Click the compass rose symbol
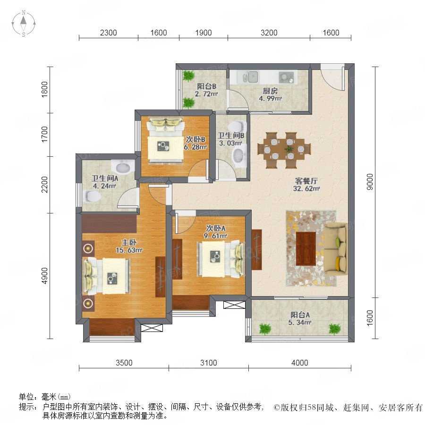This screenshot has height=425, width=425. pos(24,23)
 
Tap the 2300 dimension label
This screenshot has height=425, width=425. pos(109,33)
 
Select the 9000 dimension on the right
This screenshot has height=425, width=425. pos(369,182)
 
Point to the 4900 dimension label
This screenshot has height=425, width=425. pos(44,276)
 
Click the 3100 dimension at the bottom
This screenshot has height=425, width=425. pos(208,363)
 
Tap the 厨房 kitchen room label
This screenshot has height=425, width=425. pos(270,91)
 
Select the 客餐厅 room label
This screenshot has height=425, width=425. pos(306,181)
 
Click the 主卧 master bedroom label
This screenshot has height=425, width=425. pos(129,242)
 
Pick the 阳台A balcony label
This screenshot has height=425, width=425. pos(300,314)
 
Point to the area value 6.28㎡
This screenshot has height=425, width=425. pos(195,147)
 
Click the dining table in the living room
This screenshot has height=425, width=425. pos(284,150)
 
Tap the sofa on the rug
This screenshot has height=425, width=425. pos(336,249)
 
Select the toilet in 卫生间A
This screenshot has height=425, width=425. pos(92,196)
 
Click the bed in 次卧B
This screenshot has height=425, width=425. pos(165,140)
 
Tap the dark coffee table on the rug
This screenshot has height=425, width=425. pos(306,248)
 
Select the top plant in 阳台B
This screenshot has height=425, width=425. pos(188,76)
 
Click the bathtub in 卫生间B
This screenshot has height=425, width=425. pos(239,156)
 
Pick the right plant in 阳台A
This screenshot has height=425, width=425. pos(335,329)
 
